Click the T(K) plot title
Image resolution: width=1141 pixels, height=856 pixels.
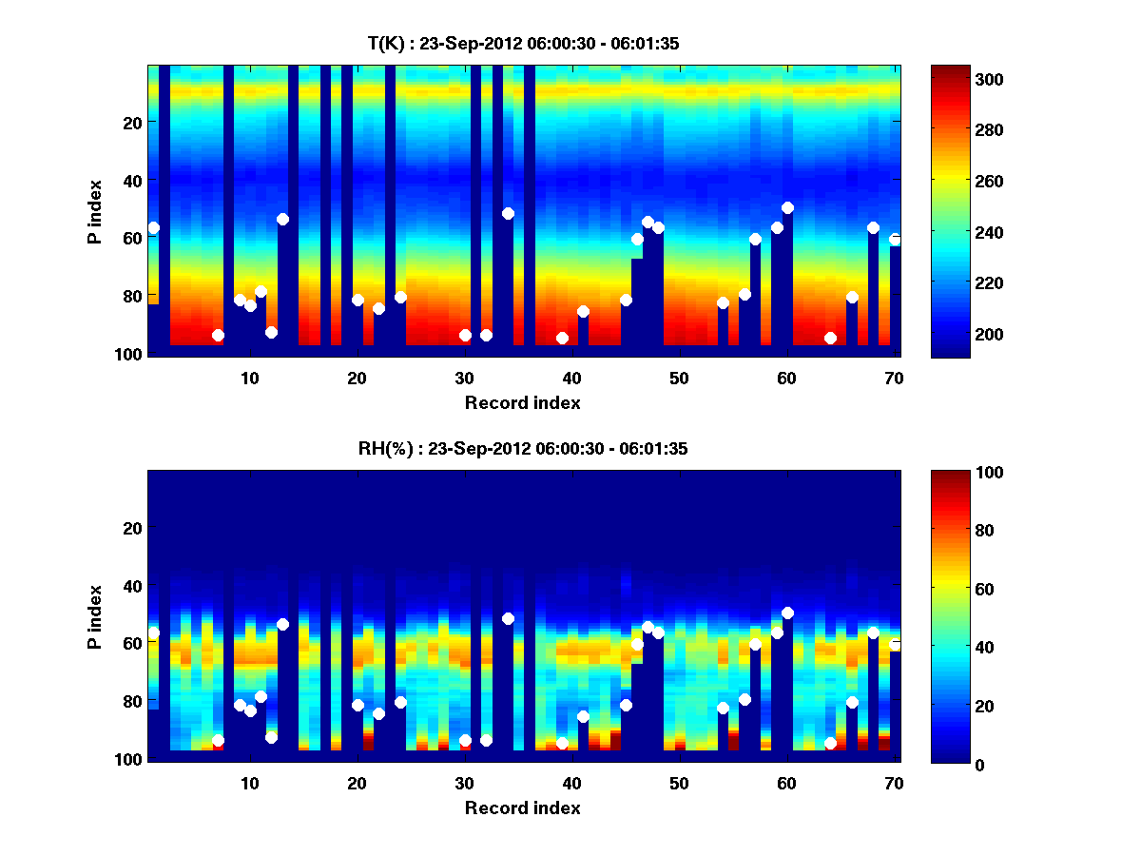(x=523, y=43)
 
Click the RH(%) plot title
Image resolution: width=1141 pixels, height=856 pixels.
(x=523, y=448)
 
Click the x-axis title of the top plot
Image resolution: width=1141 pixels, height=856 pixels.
(x=523, y=402)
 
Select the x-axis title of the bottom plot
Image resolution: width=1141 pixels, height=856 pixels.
(x=523, y=807)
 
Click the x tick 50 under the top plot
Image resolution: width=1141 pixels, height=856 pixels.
(x=679, y=378)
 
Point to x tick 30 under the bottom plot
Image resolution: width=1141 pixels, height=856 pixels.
(x=464, y=783)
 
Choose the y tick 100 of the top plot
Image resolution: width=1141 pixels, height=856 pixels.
(x=130, y=354)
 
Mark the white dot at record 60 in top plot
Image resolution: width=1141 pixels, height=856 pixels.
(x=787, y=207)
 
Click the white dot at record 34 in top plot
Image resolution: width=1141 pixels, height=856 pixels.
(x=508, y=213)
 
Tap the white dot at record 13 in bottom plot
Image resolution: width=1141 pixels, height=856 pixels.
(x=282, y=624)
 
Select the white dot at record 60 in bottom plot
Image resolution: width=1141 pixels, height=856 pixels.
(x=787, y=613)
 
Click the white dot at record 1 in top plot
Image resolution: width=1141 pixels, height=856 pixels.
(x=153, y=227)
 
